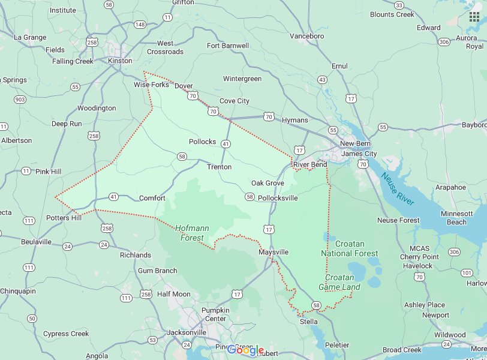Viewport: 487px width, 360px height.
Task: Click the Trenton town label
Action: point(219,167)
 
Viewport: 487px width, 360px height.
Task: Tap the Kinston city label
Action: point(121,61)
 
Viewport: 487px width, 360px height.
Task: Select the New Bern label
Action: point(356,144)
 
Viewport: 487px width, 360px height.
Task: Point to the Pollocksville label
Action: point(277,198)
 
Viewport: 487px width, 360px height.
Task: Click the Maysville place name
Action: point(273,253)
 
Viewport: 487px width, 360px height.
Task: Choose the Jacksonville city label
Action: point(187,332)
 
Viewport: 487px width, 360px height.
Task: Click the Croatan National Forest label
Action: point(350,248)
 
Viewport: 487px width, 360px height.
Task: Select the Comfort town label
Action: point(152,198)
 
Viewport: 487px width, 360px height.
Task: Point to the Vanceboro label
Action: point(306,36)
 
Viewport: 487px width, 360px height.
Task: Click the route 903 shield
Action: point(20,99)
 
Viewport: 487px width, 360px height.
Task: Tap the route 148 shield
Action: point(140,25)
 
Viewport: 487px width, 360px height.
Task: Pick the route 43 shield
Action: point(323,80)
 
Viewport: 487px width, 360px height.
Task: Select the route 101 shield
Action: point(467,273)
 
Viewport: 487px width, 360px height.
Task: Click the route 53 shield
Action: point(152,340)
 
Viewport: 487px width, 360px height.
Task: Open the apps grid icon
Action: point(474,16)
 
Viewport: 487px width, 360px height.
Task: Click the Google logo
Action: point(245,350)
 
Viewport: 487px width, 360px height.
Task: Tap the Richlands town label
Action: point(136,255)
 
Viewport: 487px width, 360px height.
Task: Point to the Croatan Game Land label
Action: point(342,283)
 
